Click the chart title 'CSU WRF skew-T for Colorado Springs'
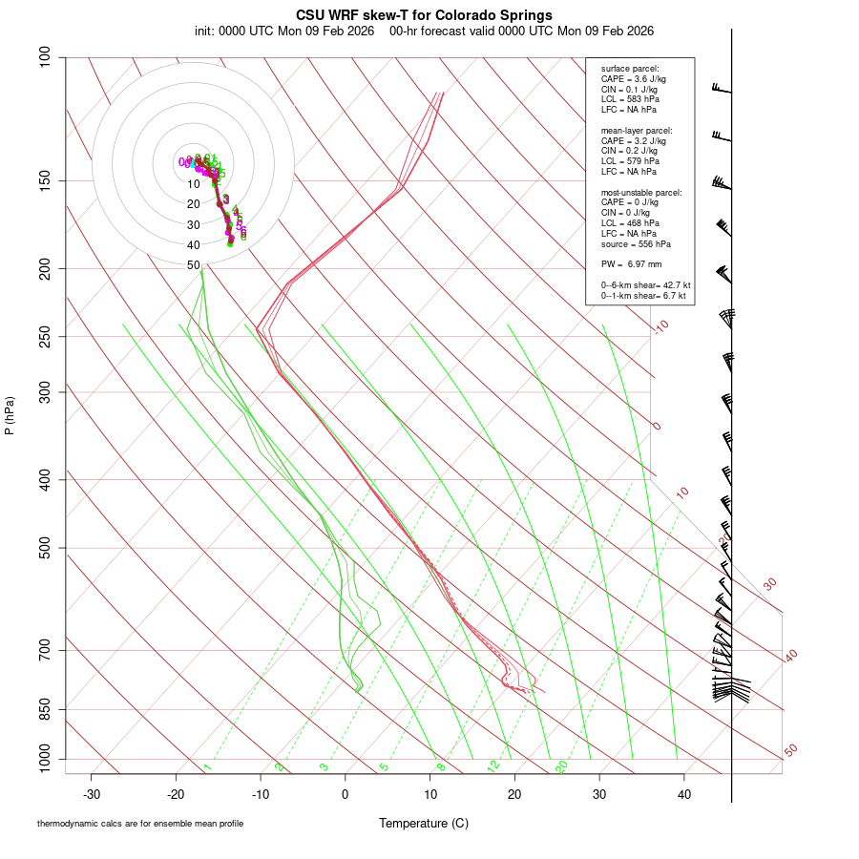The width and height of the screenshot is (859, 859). coord(424,14)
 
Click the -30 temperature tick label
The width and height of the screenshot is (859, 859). coord(92,793)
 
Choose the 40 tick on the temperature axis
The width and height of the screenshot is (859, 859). coord(683,793)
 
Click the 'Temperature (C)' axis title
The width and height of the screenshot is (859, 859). coord(424,823)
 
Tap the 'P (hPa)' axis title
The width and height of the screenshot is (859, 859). coord(10,415)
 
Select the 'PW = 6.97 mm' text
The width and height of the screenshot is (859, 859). coord(631,263)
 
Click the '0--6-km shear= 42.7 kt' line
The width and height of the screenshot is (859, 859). coord(645,285)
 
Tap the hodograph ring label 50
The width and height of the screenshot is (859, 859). coord(194,265)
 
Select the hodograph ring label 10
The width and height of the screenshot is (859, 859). coord(194,184)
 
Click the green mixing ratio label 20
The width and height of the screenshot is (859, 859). coord(562,766)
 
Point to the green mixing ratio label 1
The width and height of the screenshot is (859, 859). coord(206,766)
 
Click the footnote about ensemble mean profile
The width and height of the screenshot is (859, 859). coord(140,823)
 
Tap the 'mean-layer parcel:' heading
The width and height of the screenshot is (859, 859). coord(637,130)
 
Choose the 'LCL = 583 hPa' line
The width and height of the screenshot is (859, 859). coord(630,99)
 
